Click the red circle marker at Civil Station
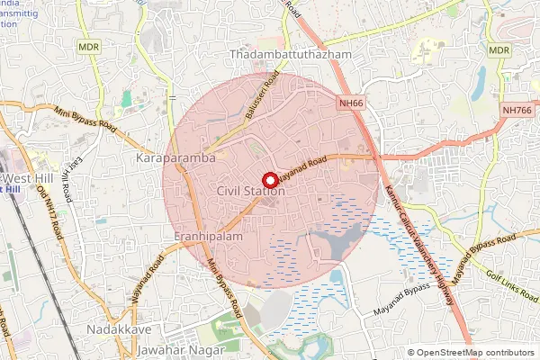pos(269,179)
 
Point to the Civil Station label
pos(251,192)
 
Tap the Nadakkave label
pos(118,330)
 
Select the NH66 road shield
pos(351,103)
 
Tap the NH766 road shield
pos(517,110)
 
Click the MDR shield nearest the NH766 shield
pos(499,51)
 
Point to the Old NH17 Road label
pos(55,214)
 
